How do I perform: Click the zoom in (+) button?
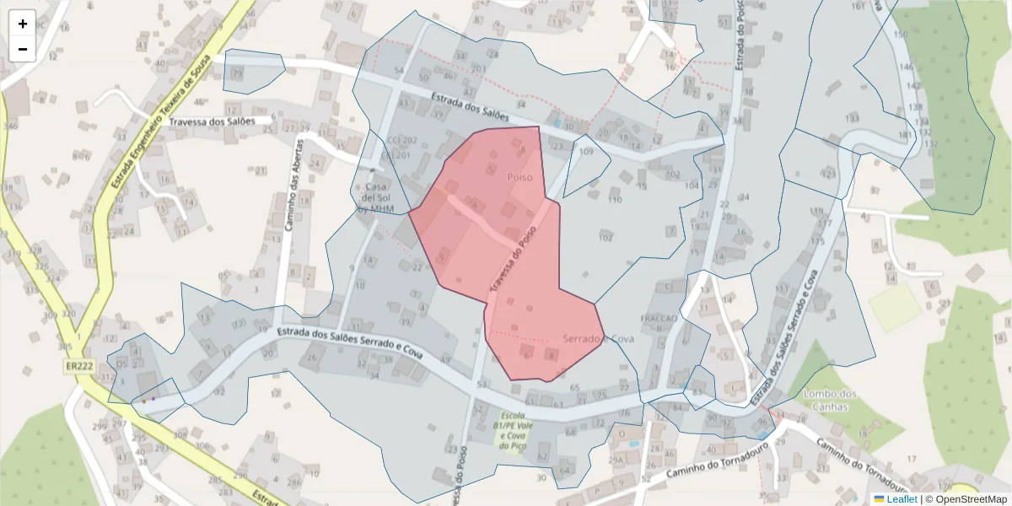(23, 24)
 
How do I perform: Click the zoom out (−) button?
(23, 49)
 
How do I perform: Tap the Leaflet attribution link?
(896, 499)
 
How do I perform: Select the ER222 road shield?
(78, 366)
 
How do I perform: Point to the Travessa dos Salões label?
(212, 121)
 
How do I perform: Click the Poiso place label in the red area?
(519, 178)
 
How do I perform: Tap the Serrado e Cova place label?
(598, 338)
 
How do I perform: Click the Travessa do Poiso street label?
(513, 266)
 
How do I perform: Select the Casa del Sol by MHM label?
(376, 197)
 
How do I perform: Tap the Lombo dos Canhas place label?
(832, 401)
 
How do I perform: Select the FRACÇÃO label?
(659, 318)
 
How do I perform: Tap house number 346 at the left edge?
(10, 126)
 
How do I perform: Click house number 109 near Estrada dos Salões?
(587, 152)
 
